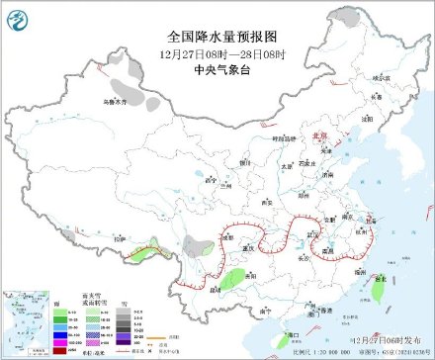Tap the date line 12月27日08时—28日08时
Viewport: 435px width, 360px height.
coord(217,54)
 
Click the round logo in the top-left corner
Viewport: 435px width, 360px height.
coord(16,16)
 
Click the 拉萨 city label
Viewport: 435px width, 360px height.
coord(121,237)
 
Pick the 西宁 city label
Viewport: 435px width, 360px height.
coord(209,180)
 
